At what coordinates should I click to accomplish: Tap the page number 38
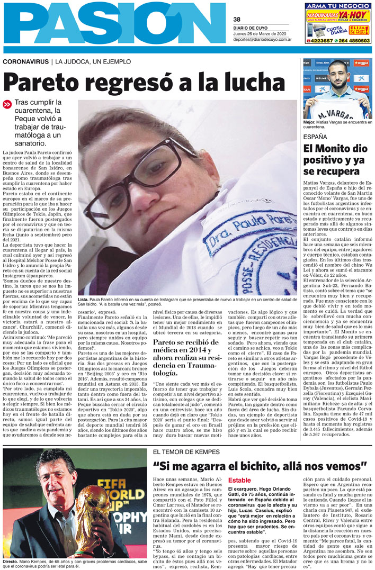tap(237, 20)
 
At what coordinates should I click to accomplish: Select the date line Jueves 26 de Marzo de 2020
tap(261, 33)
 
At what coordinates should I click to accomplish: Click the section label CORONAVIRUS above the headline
tap(25, 62)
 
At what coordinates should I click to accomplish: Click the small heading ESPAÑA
tap(315, 137)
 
